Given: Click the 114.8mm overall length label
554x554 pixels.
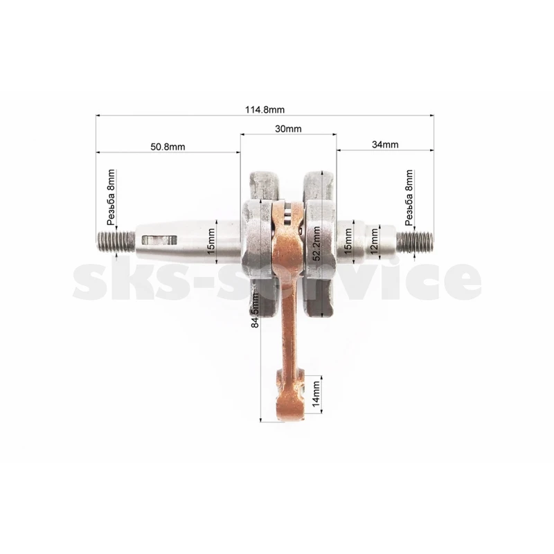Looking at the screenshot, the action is [x=265, y=110].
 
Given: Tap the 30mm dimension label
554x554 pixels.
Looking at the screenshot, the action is [x=288, y=129].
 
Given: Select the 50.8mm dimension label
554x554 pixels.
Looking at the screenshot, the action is [x=168, y=147].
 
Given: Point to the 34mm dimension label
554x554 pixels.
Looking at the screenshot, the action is [x=385, y=145].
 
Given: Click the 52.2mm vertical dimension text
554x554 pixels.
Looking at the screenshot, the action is [x=316, y=244].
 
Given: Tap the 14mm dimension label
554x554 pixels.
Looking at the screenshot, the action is [x=316, y=393].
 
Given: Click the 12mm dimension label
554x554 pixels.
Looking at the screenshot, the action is [x=374, y=241].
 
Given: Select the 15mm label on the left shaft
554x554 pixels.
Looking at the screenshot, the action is [x=211, y=241].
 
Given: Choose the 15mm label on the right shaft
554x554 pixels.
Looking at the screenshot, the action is [x=348, y=241].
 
